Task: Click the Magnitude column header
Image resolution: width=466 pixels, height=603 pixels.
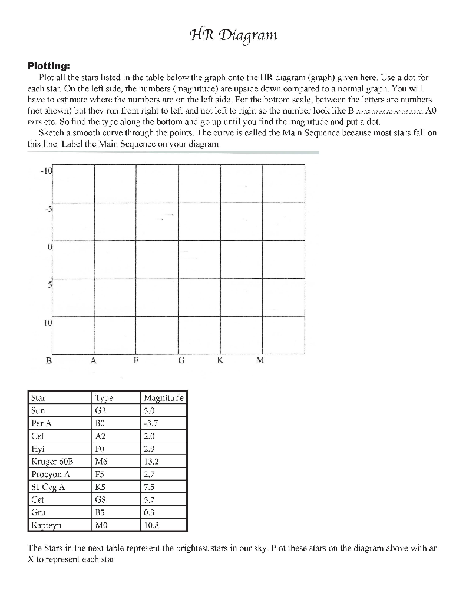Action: click(164, 398)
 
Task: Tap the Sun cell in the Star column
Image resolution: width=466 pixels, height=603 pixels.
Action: click(38, 410)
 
